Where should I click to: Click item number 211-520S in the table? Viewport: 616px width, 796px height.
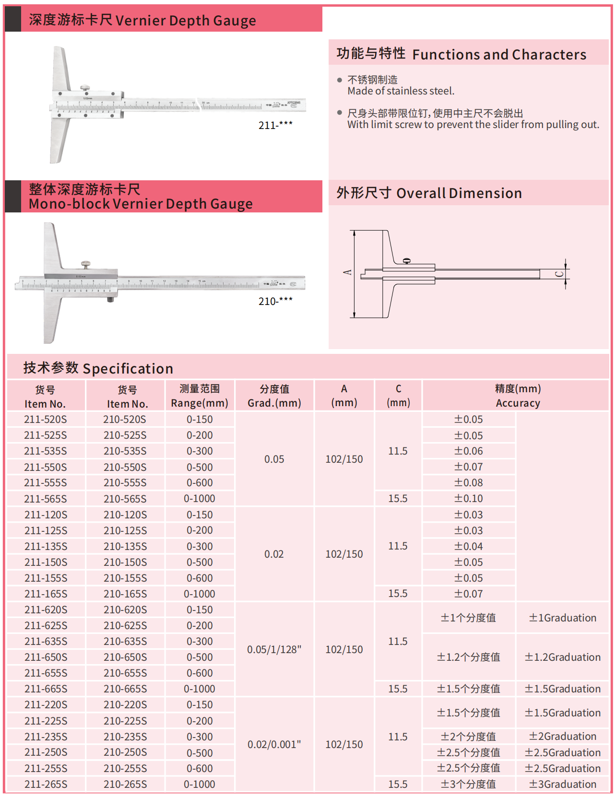pos(46,420)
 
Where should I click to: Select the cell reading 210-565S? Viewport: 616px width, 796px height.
pos(125,499)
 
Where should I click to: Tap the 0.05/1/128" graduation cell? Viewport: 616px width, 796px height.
pos(274,650)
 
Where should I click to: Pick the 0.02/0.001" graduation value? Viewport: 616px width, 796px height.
pos(274,745)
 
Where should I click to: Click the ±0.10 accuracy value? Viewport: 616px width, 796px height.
pos(468,499)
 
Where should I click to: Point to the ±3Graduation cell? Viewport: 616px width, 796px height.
pos(562,784)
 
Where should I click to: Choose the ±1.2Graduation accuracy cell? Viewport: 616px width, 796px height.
pos(562,657)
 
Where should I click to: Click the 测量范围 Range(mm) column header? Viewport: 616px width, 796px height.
pos(200,396)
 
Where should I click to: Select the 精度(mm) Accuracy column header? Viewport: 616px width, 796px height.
pos(518,396)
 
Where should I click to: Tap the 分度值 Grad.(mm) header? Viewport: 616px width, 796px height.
pos(274,396)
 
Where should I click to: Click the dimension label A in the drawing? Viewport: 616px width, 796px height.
pos(347,272)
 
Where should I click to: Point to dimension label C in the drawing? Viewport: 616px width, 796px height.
pos(559,274)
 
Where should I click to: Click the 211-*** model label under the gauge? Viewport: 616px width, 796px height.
pos(275,126)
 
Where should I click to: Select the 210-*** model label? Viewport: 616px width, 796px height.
pos(275,302)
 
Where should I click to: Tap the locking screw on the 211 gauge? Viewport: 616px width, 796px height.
pos(85,88)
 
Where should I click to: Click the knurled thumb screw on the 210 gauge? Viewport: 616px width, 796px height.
pos(86,264)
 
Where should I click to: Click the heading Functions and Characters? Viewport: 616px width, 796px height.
pos(499,55)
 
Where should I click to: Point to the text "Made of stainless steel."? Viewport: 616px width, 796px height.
pos(401,91)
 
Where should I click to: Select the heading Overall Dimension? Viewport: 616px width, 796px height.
pos(459,193)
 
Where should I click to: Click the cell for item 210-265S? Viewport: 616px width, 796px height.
pos(125,784)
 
